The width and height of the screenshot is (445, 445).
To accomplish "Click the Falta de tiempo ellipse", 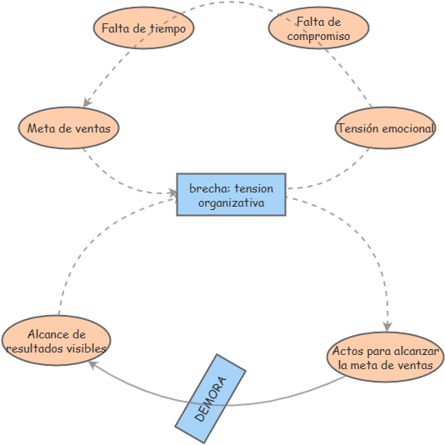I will click(x=143, y=27).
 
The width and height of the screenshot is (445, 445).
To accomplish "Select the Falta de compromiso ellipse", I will click(x=318, y=27).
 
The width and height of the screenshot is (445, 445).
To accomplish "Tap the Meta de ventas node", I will click(x=68, y=128).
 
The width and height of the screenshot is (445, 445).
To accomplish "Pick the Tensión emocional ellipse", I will click(x=385, y=128).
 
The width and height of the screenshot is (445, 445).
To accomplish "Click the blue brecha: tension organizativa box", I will click(x=231, y=194).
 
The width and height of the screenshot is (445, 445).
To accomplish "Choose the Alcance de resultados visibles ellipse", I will click(x=56, y=341).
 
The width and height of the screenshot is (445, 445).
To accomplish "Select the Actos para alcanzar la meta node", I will click(x=385, y=357).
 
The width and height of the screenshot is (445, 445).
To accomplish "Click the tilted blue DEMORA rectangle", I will click(x=211, y=398).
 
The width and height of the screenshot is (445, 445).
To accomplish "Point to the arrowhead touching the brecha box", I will click(x=173, y=193).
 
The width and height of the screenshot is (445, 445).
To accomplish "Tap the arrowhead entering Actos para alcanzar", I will click(x=387, y=327).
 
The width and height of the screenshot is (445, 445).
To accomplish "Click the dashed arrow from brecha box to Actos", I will click(x=367, y=242).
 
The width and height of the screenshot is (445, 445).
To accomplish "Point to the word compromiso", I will click(x=318, y=36).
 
